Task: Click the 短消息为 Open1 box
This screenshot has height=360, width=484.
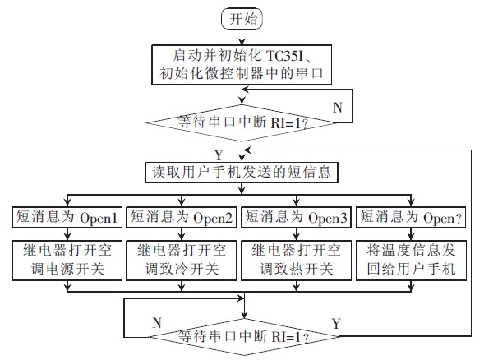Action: coord(68,218)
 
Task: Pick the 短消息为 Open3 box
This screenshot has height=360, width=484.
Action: coord(297,218)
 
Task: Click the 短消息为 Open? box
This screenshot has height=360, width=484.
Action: coord(410,218)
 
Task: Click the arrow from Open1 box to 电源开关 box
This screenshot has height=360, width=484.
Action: coord(68,233)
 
